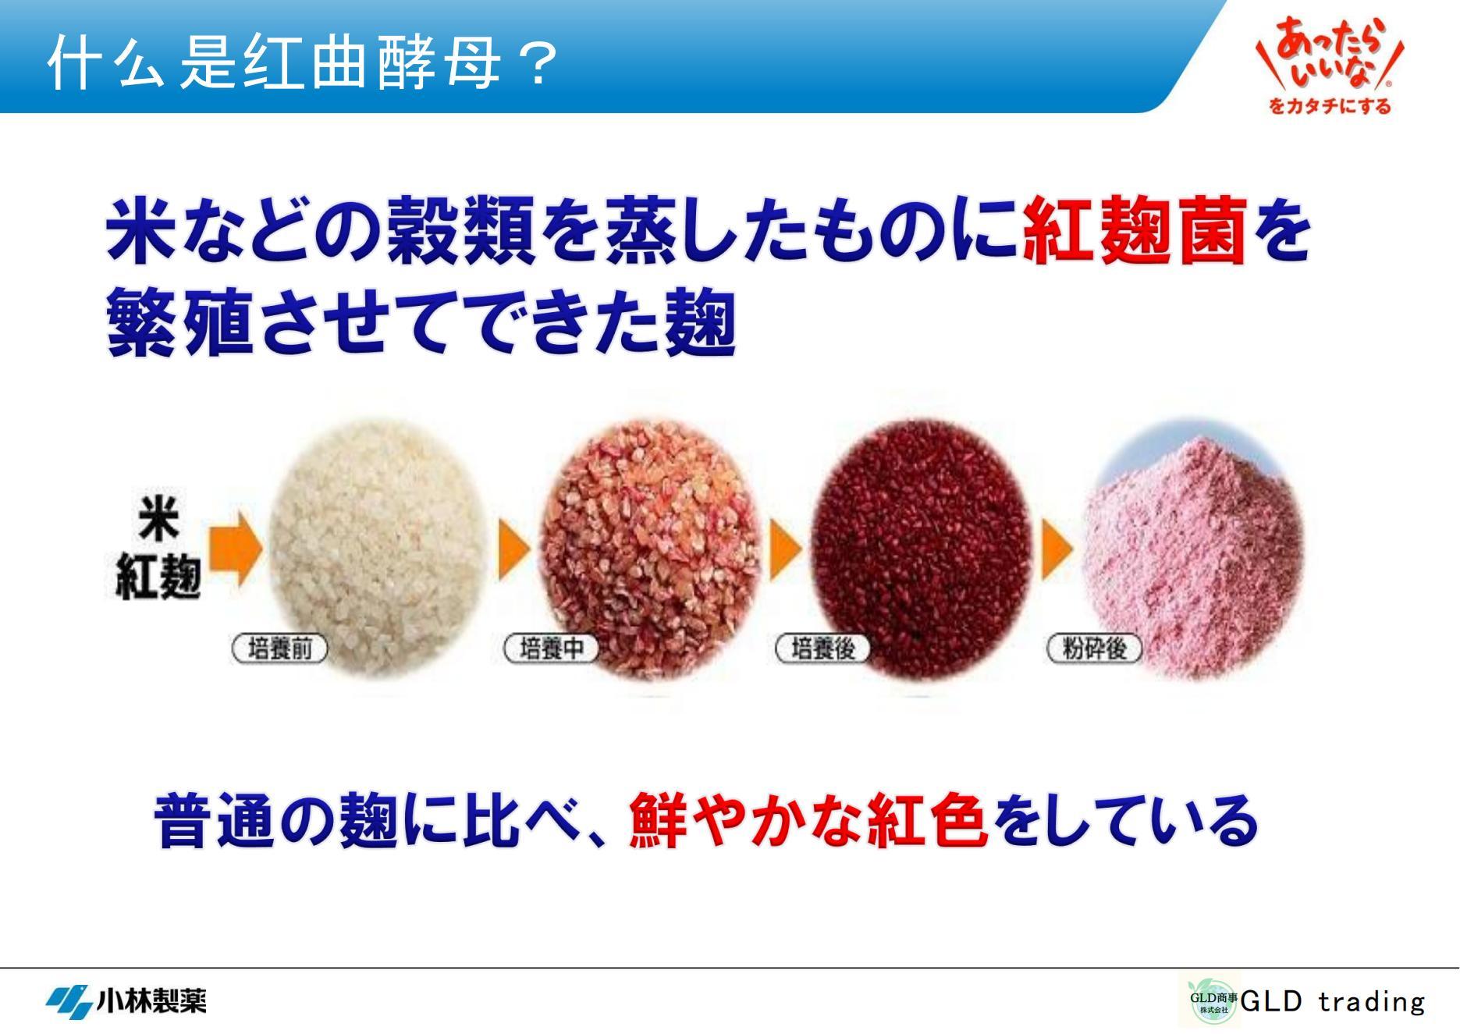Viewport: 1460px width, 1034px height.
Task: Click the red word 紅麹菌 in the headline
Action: [1133, 231]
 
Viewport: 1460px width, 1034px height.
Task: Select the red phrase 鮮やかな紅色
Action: [809, 820]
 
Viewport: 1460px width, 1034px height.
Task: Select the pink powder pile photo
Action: [1194, 546]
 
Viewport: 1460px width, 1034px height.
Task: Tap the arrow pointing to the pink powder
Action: [1057, 548]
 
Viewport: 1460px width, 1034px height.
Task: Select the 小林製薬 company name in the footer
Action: [151, 1000]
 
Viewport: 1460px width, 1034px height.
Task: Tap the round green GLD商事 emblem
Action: [1213, 1001]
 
